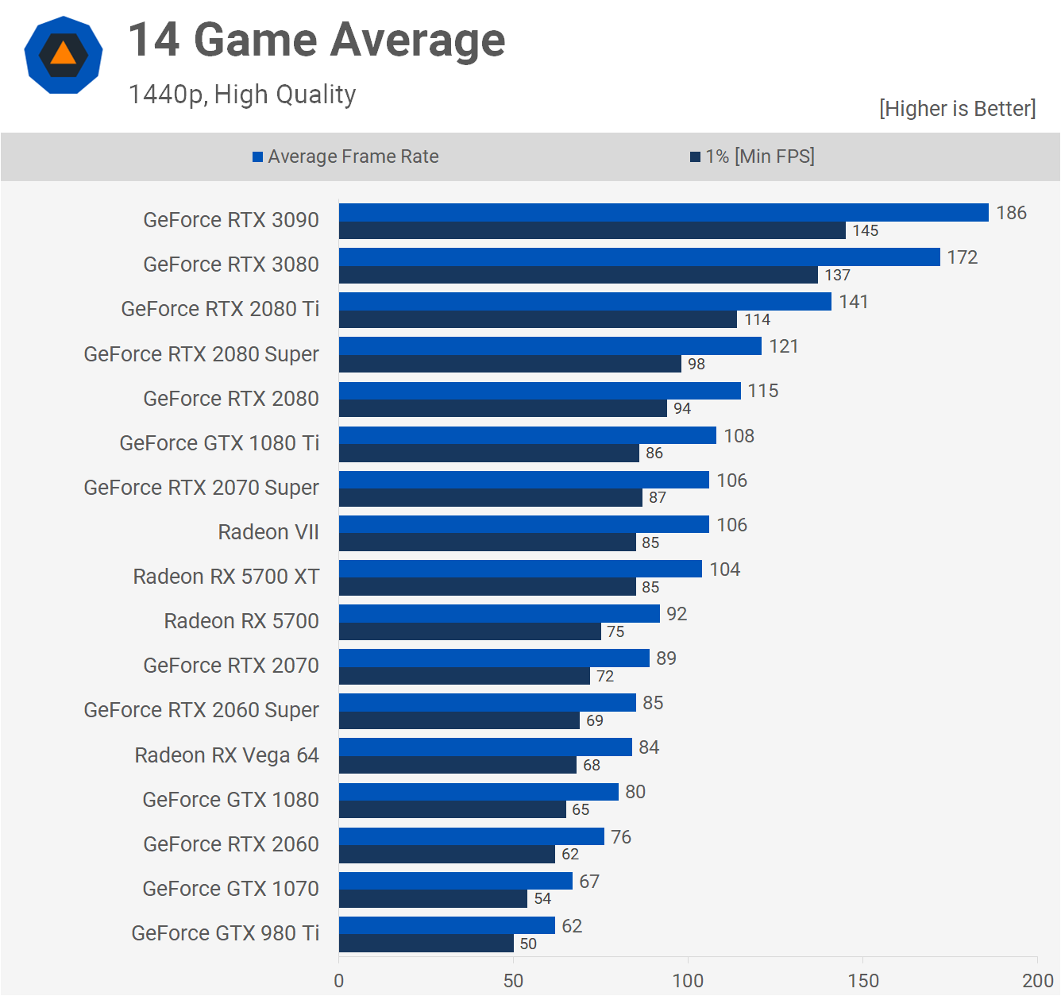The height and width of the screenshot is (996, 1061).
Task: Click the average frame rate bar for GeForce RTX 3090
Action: point(663,212)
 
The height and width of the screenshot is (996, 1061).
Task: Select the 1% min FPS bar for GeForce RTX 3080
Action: point(578,275)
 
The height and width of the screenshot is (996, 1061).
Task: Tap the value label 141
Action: point(854,302)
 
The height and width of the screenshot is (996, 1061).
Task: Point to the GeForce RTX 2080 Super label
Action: point(201,354)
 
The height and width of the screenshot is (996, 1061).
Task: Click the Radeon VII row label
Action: point(268,532)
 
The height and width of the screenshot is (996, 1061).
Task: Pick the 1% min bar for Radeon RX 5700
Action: point(469,631)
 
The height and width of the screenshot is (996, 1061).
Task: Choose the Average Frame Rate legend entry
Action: point(345,156)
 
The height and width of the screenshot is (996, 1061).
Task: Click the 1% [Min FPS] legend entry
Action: point(752,156)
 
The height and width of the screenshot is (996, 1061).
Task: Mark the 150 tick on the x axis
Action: point(863,981)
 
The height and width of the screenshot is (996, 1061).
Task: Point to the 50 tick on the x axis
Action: point(514,981)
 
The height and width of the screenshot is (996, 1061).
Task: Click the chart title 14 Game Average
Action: point(317,40)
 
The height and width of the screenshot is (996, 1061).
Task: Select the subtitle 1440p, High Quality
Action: point(242,95)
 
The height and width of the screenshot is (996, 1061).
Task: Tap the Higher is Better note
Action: point(957,109)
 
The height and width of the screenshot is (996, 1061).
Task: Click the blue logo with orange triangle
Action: point(64,55)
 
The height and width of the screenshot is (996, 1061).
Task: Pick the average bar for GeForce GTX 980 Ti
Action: point(446,925)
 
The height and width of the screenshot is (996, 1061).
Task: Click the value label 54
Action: point(542,898)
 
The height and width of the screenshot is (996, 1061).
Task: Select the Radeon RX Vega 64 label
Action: point(226,755)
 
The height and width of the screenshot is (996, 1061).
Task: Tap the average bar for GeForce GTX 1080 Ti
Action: point(527,435)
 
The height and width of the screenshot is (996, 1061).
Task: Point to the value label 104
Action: point(725,569)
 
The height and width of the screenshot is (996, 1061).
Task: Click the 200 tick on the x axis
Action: point(1037,981)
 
